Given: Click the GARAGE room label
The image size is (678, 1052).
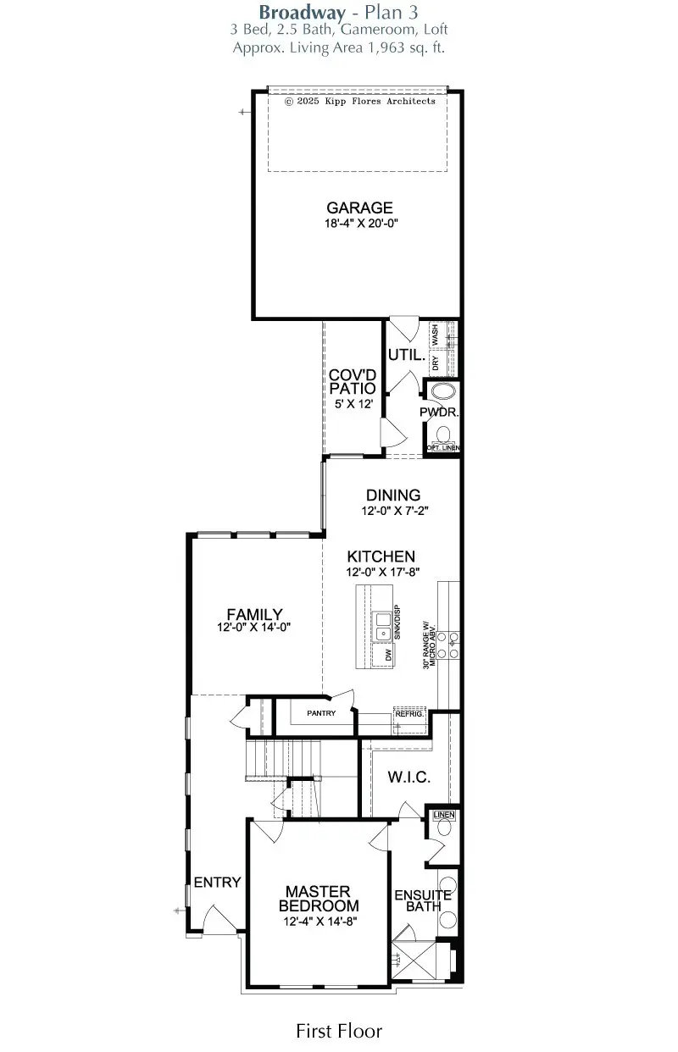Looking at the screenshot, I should (360, 208).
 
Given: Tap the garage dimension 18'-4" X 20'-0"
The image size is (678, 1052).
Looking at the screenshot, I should (360, 224).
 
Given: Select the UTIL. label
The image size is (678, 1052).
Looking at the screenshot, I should (404, 354).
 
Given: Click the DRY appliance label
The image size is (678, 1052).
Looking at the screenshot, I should (435, 363).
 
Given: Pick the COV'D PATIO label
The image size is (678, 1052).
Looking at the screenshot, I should (353, 382).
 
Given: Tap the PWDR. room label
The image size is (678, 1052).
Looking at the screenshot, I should (439, 412).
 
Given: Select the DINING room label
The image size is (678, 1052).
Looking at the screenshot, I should (393, 496).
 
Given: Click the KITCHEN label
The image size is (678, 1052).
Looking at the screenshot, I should (381, 556).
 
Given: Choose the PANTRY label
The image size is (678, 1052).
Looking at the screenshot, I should (321, 713).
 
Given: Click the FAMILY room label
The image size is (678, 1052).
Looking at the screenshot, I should (254, 614).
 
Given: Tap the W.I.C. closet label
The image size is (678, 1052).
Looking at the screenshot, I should (409, 777).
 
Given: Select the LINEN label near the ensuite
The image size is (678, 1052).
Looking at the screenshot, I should (444, 815).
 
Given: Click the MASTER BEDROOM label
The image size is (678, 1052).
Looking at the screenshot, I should (318, 899).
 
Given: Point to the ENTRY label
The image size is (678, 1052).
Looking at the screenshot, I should (218, 883).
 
